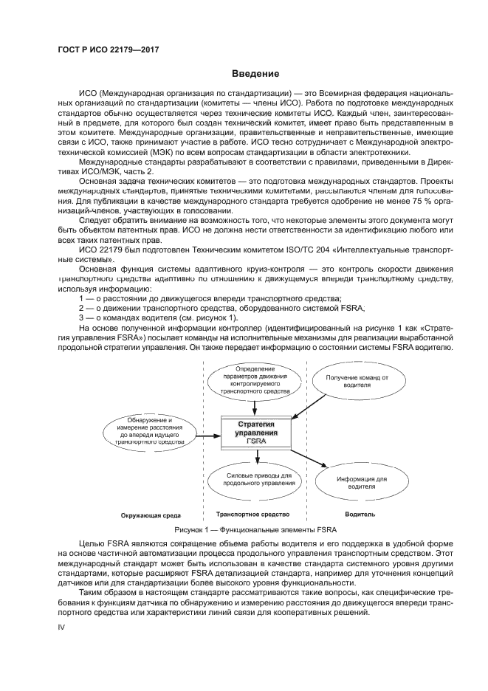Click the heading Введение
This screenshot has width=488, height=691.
[255, 74]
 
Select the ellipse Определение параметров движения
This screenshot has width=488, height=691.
[255, 380]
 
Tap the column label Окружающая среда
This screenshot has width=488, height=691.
[151, 515]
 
